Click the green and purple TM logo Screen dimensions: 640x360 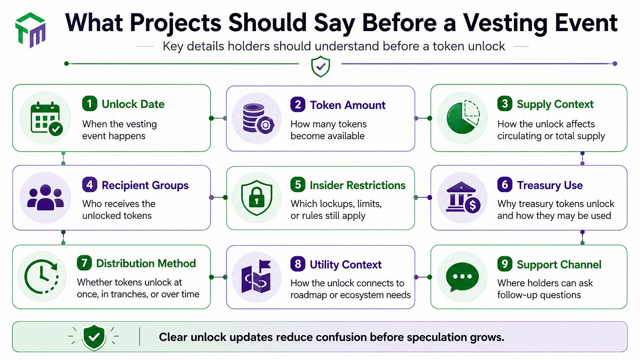point(31,30)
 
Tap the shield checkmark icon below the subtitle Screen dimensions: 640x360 point(320,66)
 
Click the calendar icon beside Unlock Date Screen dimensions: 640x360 point(46,118)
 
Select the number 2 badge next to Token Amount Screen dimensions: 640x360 point(298,105)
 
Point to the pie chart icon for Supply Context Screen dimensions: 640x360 point(463,117)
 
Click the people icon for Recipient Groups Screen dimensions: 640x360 point(45,197)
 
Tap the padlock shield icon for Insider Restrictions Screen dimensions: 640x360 point(256,197)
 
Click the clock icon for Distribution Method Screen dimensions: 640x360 point(42,277)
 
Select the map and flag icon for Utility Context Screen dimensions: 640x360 point(256,276)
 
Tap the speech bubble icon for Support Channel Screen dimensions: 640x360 point(462,277)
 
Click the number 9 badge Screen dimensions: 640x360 point(505,264)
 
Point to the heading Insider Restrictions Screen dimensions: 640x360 point(357,185)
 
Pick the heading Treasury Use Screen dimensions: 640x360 point(549,185)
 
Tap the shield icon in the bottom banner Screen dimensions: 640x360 point(94,337)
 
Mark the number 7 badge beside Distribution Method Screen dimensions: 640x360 point(84,263)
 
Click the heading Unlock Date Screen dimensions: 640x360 point(133,104)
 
